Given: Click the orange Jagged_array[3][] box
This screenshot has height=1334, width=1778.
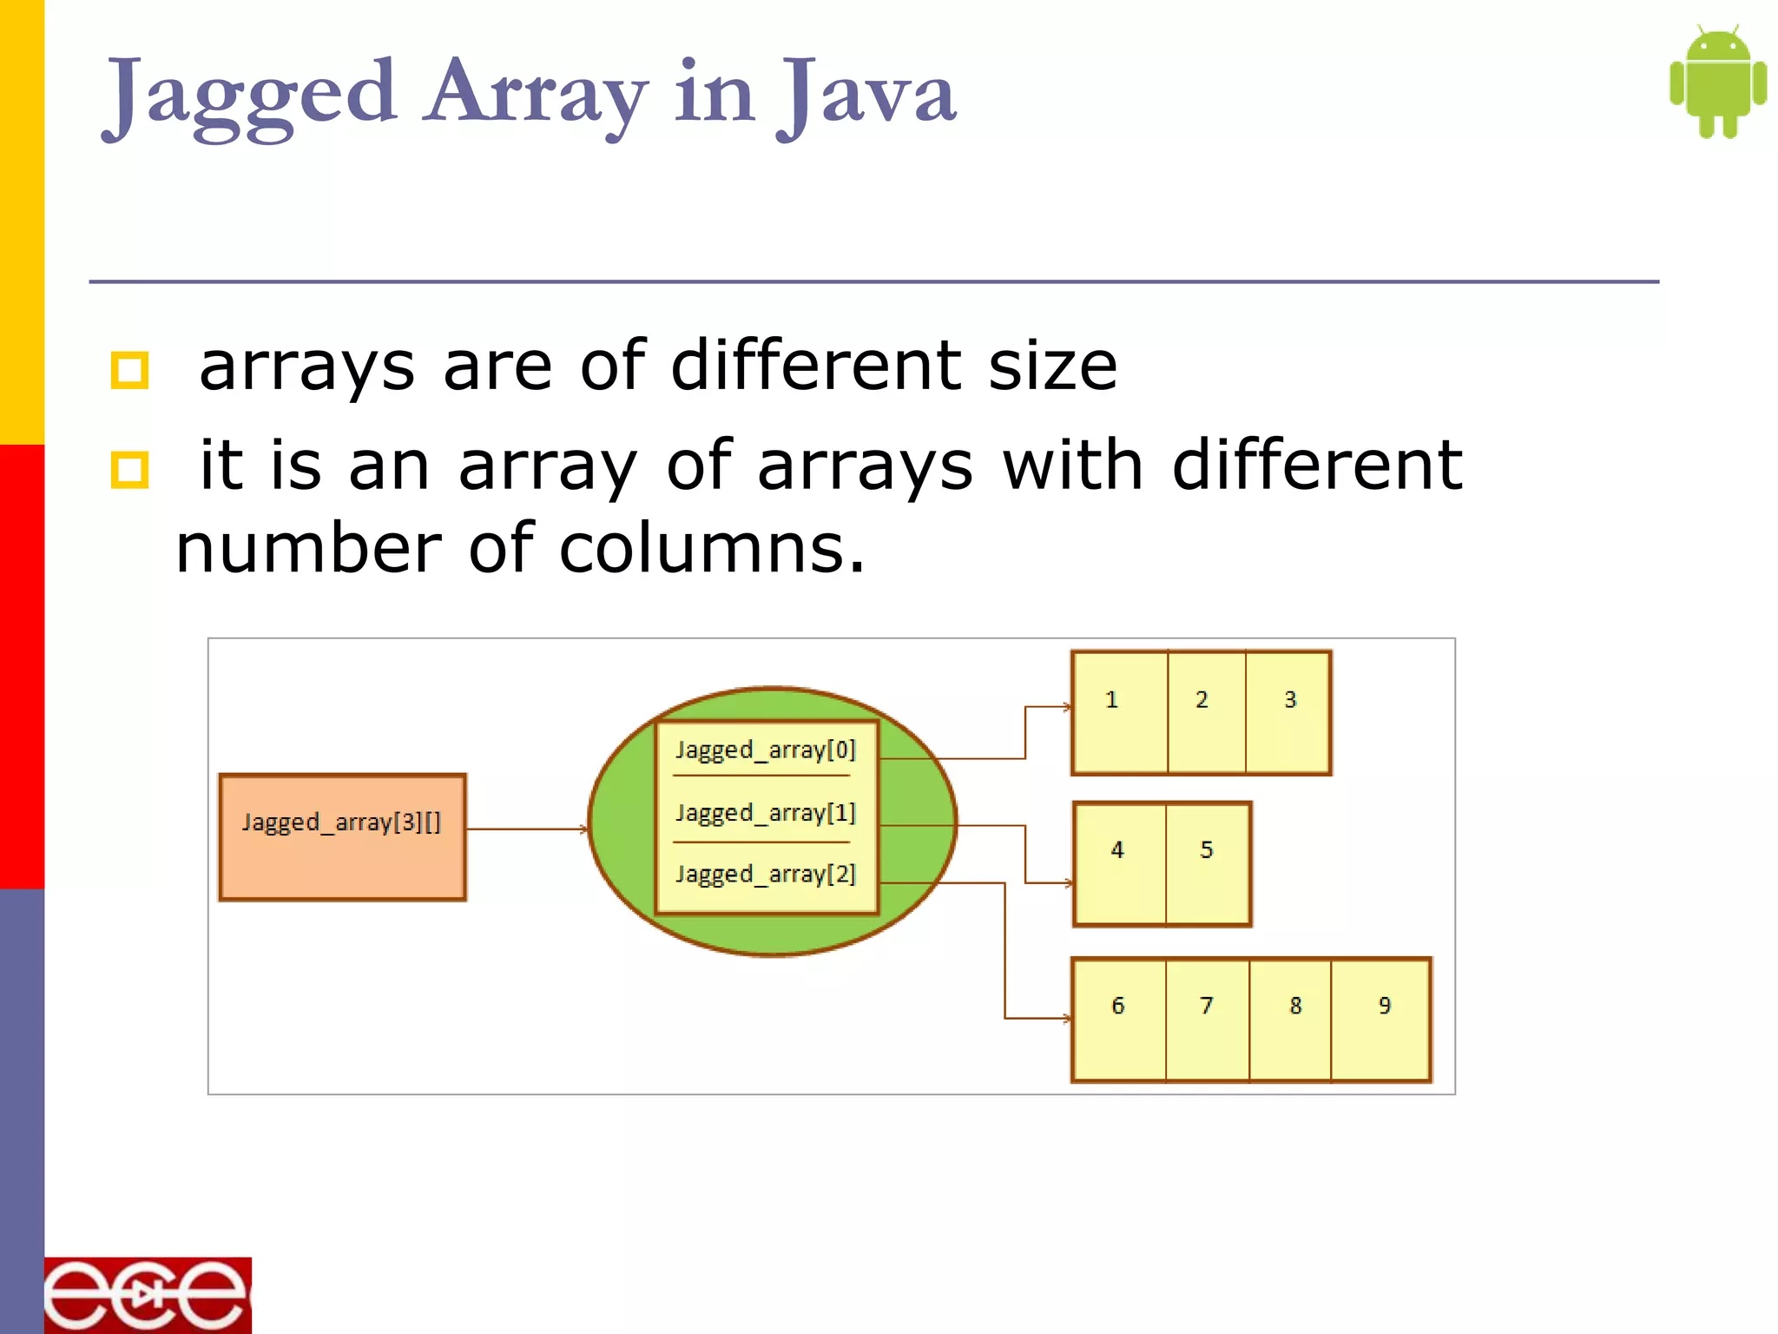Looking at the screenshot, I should pyautogui.click(x=342, y=836).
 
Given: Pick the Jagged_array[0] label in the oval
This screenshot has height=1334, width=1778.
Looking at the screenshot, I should pyautogui.click(x=766, y=750).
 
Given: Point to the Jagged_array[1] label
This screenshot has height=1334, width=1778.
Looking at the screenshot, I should pyautogui.click(x=766, y=813).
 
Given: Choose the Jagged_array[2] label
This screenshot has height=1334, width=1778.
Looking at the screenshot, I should pyautogui.click(x=766, y=874).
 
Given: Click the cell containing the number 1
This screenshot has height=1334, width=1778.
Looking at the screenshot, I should pyautogui.click(x=1119, y=712).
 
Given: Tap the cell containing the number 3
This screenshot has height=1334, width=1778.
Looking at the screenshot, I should pyautogui.click(x=1288, y=712).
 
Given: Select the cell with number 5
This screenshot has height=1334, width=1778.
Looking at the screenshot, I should pyautogui.click(x=1208, y=863).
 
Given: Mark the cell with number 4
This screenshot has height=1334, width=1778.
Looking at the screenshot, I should pyautogui.click(x=1119, y=863).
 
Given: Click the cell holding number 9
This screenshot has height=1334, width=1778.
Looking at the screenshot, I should pyautogui.click(x=1381, y=1019).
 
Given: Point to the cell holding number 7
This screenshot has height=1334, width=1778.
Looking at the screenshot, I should pyautogui.click(x=1208, y=1019).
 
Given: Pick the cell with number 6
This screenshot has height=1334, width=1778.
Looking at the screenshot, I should pyautogui.click(x=1119, y=1019).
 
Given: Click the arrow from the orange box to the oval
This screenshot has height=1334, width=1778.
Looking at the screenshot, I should pyautogui.click(x=526, y=829).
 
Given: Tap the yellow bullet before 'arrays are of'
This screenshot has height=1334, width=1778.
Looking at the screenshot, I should pyautogui.click(x=130, y=370).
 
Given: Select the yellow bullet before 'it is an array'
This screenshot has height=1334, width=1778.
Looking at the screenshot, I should pyautogui.click(x=130, y=470).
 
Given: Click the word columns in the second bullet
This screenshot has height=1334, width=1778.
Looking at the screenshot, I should pyautogui.click(x=711, y=549).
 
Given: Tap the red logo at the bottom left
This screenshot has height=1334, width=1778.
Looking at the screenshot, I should pyautogui.click(x=148, y=1295).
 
